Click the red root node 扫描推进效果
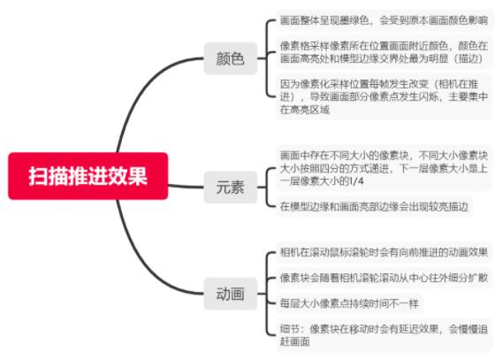click(x=88, y=176)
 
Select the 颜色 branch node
click(x=231, y=58)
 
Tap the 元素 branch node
click(x=231, y=187)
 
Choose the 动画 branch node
click(x=231, y=294)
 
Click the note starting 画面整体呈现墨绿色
click(x=384, y=20)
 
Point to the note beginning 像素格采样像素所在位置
click(x=384, y=52)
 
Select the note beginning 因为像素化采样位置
click(x=384, y=96)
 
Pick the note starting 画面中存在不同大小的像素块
click(x=384, y=168)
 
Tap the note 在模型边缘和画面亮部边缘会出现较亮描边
click(x=374, y=206)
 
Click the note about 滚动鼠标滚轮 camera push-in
click(x=384, y=252)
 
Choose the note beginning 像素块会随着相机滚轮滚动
click(x=384, y=278)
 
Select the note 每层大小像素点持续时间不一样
click(x=349, y=303)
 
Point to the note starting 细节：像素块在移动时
click(x=384, y=335)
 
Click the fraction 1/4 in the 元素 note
click(x=356, y=181)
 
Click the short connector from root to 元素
click(x=186, y=187)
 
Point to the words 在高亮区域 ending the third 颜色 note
click(x=305, y=110)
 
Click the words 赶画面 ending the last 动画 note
click(x=294, y=341)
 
